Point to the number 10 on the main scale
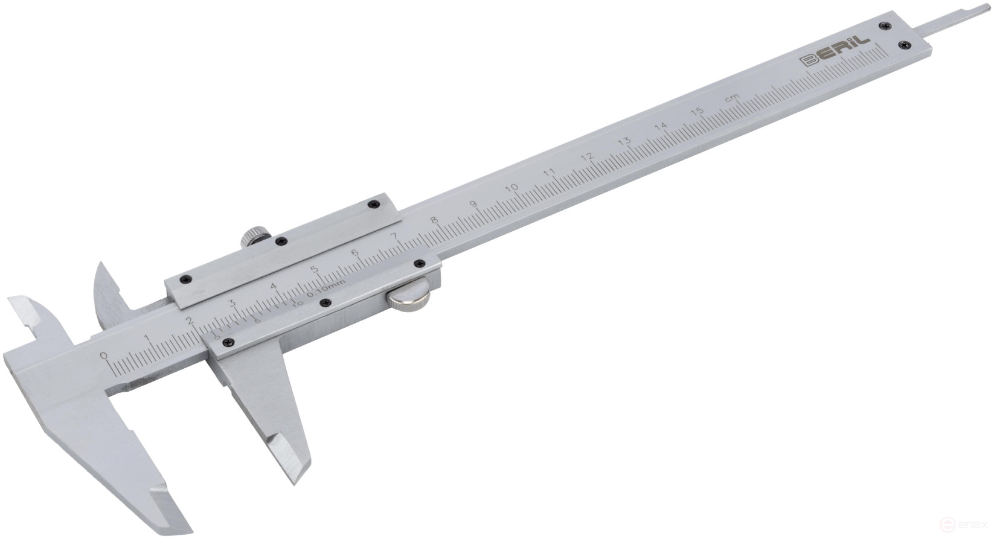click(x=511, y=188)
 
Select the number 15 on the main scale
click(x=697, y=112)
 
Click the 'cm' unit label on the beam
click(x=732, y=98)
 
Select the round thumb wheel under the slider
click(x=409, y=300)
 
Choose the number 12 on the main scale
click(x=586, y=157)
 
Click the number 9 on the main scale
click(x=473, y=203)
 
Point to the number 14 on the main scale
click(x=661, y=126)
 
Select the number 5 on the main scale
click(x=313, y=269)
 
